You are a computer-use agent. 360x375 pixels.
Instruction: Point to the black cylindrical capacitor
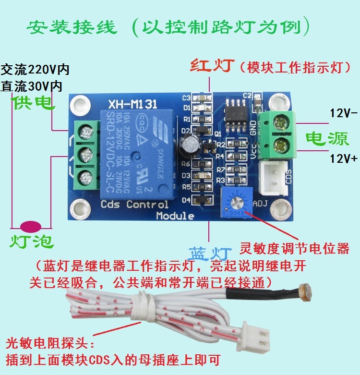pos(190,145)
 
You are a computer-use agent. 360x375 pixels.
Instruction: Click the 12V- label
pos(343,113)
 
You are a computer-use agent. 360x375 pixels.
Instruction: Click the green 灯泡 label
pos(32,241)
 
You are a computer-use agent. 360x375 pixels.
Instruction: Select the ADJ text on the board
pos(258,203)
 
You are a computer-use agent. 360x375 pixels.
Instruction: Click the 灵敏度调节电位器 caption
pos(294,249)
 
